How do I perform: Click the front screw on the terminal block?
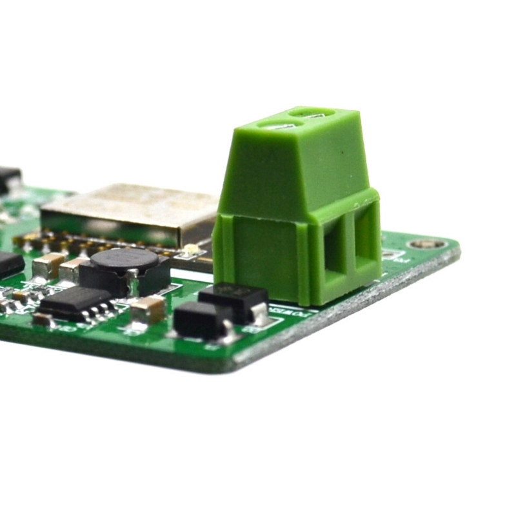pos(282,126)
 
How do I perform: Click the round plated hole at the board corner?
pos(426,244)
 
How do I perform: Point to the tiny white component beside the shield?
pos(190,250)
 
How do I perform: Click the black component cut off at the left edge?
pos(9,264)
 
